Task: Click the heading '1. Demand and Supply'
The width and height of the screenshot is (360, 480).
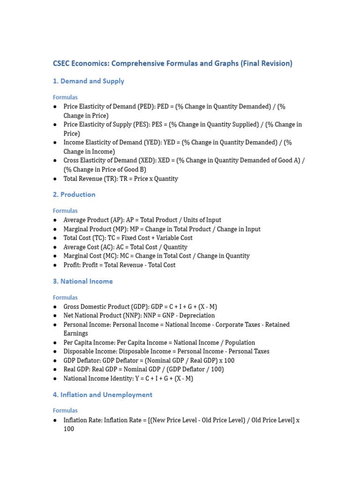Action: coord(88,81)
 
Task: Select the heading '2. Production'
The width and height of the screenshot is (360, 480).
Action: coord(74,195)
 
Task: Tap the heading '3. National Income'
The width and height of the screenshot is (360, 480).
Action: coord(82,281)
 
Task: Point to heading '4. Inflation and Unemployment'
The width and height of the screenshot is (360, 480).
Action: coord(102,395)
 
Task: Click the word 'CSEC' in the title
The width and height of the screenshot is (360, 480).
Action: coord(62,63)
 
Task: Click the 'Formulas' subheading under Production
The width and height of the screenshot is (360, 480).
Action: coord(65,211)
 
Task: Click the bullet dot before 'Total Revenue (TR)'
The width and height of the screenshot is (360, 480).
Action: coord(55,179)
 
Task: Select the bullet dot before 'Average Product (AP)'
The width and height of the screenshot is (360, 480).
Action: coord(55,220)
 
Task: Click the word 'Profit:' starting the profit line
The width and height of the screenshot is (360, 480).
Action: coord(73,265)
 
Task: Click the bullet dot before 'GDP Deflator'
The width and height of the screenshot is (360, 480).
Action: coord(55,360)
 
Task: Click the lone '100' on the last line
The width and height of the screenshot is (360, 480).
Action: coord(69,429)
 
